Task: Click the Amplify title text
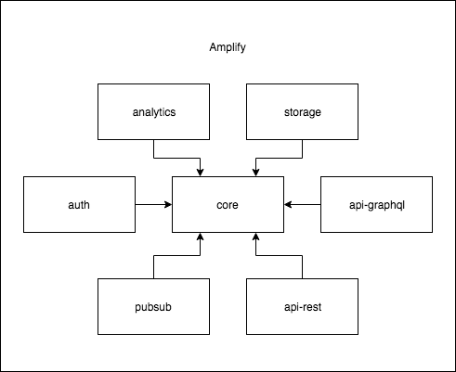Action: (x=228, y=47)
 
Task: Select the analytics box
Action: (x=153, y=111)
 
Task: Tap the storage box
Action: (x=302, y=111)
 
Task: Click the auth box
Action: (x=79, y=204)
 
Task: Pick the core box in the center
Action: (x=228, y=204)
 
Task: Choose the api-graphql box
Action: (x=376, y=204)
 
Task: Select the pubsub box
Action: (x=153, y=306)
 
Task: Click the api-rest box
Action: (x=302, y=306)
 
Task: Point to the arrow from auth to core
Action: (x=153, y=204)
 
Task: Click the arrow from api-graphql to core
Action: (x=302, y=204)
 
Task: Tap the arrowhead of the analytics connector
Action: (x=200, y=173)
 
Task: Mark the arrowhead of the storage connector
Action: (x=255, y=173)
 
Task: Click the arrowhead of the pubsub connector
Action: (x=200, y=237)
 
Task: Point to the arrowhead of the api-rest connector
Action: (x=255, y=237)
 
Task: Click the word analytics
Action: (x=154, y=112)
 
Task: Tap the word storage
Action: (x=303, y=112)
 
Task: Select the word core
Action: (x=228, y=205)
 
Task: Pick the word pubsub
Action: (x=153, y=307)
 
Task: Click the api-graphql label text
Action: (x=377, y=205)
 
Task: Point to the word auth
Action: (x=79, y=205)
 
